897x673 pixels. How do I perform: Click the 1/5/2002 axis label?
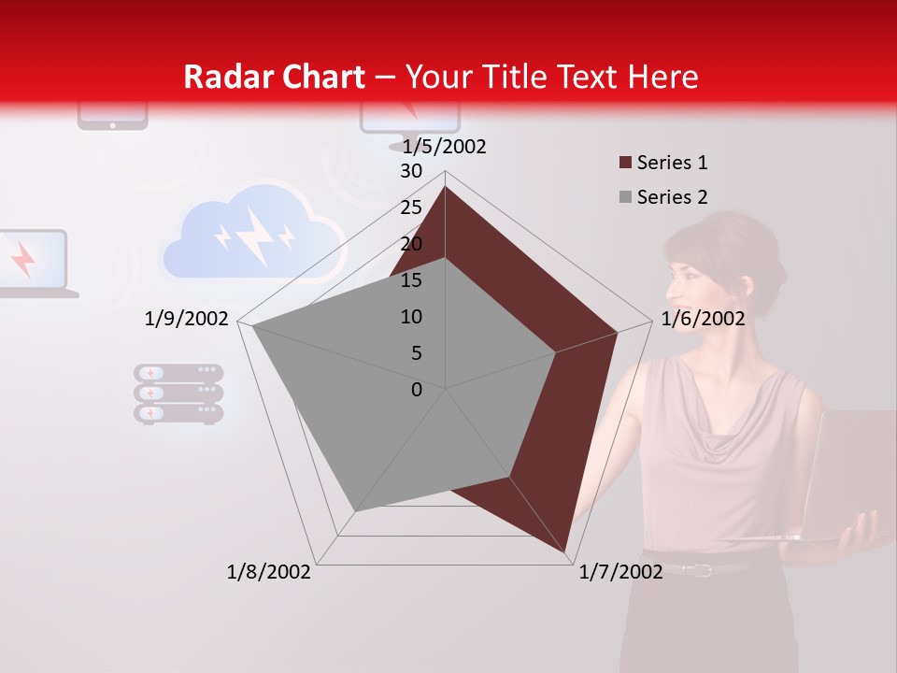pyautogui.click(x=445, y=146)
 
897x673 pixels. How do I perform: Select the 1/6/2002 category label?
pyautogui.click(x=703, y=319)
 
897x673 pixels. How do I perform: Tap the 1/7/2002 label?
pyautogui.click(x=620, y=571)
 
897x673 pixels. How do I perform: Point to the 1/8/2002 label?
pyautogui.click(x=269, y=571)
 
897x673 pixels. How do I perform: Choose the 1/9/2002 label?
pyautogui.click(x=187, y=319)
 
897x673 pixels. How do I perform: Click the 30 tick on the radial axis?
pyautogui.click(x=411, y=171)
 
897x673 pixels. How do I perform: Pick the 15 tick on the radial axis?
pyautogui.click(x=411, y=280)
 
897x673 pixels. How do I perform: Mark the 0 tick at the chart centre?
pyautogui.click(x=417, y=390)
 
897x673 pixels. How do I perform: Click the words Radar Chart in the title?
pyautogui.click(x=274, y=77)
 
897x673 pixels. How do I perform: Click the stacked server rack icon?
pyautogui.click(x=178, y=394)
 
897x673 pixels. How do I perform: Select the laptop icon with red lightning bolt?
pyautogui.click(x=33, y=263)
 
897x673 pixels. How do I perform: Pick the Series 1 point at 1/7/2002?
pyautogui.click(x=565, y=551)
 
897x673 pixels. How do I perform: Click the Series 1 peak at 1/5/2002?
pyautogui.click(x=445, y=187)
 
